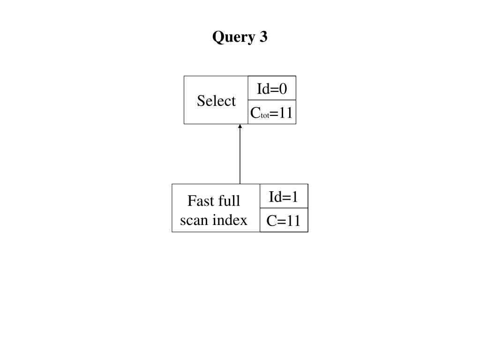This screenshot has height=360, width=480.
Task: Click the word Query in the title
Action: pos(233,37)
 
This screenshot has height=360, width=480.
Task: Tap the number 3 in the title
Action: pos(263,37)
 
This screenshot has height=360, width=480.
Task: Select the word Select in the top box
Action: pos(216,100)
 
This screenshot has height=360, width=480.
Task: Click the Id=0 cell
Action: pos(272,88)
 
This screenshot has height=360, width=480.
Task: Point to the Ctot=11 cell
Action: pos(272,112)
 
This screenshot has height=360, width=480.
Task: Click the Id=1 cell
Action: pos(284,196)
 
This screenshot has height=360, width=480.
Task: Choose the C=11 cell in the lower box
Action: pos(284,220)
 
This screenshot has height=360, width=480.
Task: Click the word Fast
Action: pos(201,201)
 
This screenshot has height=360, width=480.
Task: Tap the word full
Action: pos(229,201)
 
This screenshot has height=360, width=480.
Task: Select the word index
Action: pos(230,220)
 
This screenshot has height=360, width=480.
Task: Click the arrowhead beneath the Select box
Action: pos(240,126)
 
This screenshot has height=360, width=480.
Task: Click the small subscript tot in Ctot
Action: pos(265,116)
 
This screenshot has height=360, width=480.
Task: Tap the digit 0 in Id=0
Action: pos(283,89)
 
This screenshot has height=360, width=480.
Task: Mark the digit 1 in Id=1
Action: pos(294,197)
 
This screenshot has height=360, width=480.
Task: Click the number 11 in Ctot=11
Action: pos(285,112)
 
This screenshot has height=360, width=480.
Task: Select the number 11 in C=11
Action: pos(293,221)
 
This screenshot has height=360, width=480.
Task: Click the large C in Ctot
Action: pos(255,112)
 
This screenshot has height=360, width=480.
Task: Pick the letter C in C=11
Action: pos(272,221)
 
